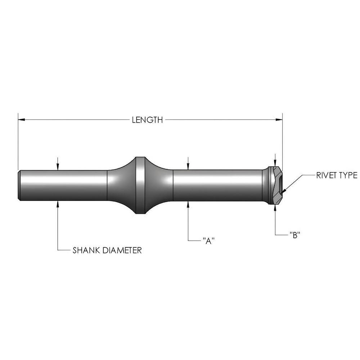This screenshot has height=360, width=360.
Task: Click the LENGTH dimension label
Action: point(147,120)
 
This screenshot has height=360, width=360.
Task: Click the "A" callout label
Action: point(206,240)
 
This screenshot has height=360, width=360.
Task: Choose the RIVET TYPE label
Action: point(337,175)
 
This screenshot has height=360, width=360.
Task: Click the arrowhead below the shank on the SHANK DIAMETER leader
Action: point(58,204)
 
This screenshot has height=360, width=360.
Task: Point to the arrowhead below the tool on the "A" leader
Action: point(188,204)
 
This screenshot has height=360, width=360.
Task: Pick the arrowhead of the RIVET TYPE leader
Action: point(285,190)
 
